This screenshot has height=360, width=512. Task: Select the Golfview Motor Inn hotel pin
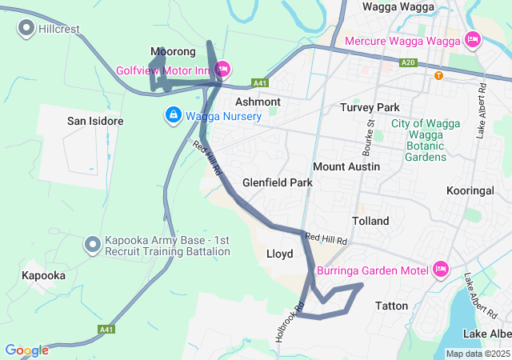pyautogui.click(x=222, y=70)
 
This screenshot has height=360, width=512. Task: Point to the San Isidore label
pyautogui.click(x=94, y=121)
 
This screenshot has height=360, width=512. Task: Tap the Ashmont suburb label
pyautogui.click(x=258, y=102)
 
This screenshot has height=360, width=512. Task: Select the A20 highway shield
pyautogui.click(x=409, y=62)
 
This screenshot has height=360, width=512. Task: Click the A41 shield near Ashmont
pyautogui.click(x=258, y=83)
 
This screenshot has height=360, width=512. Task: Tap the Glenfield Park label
pyautogui.click(x=277, y=182)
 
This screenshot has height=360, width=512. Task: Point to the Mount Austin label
pyautogui.click(x=346, y=166)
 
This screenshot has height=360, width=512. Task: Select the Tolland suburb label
pyautogui.click(x=370, y=221)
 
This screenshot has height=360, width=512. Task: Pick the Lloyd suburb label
pyautogui.click(x=279, y=254)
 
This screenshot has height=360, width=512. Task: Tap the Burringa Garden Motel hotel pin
pyautogui.click(x=439, y=270)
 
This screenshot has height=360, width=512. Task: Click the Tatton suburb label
pyautogui.click(x=391, y=306)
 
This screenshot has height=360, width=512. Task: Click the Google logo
pyautogui.click(x=26, y=350)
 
